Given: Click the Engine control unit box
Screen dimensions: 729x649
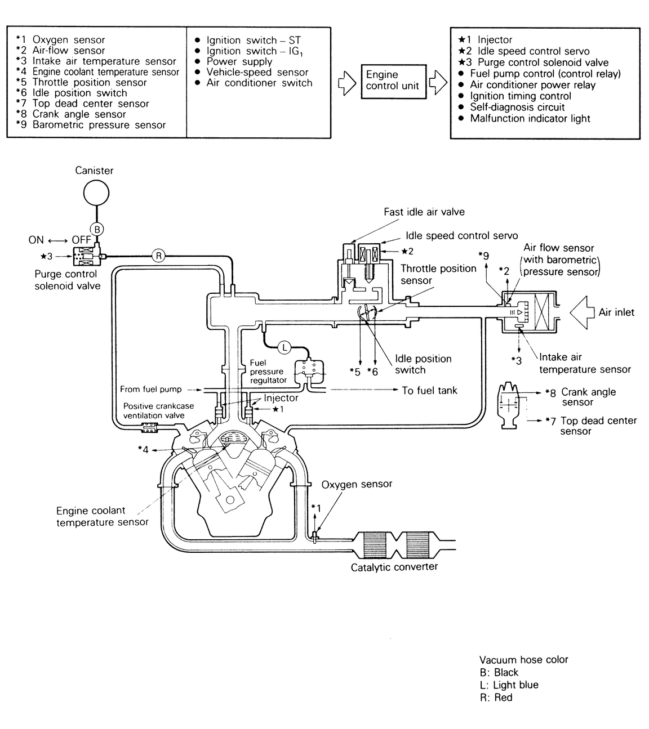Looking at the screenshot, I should pos(392,80).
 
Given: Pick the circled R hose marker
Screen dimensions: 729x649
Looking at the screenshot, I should pos(158,256).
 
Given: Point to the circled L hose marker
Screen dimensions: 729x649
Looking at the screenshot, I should pos(285,348).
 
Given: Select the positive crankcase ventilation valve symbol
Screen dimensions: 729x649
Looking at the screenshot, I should pos(149,429).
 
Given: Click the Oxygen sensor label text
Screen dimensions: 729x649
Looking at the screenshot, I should pos(357,484).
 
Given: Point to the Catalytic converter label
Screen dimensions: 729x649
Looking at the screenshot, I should pos(394,567).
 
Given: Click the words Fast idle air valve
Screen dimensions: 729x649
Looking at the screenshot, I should pos(424,212).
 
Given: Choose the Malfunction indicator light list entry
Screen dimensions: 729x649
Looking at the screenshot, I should pos(530,118).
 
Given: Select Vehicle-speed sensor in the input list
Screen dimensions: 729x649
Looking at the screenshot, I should pos(257,72).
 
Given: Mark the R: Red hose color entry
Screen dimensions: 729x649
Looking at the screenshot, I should pos(496,697).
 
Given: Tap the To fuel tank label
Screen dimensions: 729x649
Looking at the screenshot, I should pos(429,390).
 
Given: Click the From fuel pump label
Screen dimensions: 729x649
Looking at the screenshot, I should pos(150,389).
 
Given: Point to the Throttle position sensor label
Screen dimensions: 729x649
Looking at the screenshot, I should pos(438,274).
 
